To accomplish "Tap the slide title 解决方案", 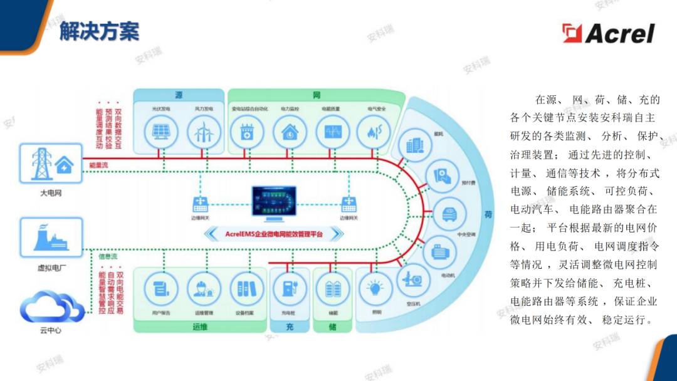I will coord(100,31).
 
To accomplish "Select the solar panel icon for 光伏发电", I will coord(160,132).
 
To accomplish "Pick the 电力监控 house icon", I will coord(290,132).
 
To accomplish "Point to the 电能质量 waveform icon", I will coord(332,132).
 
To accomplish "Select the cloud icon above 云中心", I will coord(51,308).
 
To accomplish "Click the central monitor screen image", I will coord(275,204).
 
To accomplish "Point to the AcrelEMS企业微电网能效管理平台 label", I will coord(275,234).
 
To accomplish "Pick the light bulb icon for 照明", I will coord(375,289).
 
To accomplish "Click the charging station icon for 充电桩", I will coord(288,289).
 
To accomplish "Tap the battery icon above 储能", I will coord(332,289).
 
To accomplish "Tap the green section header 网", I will coord(317,95).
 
